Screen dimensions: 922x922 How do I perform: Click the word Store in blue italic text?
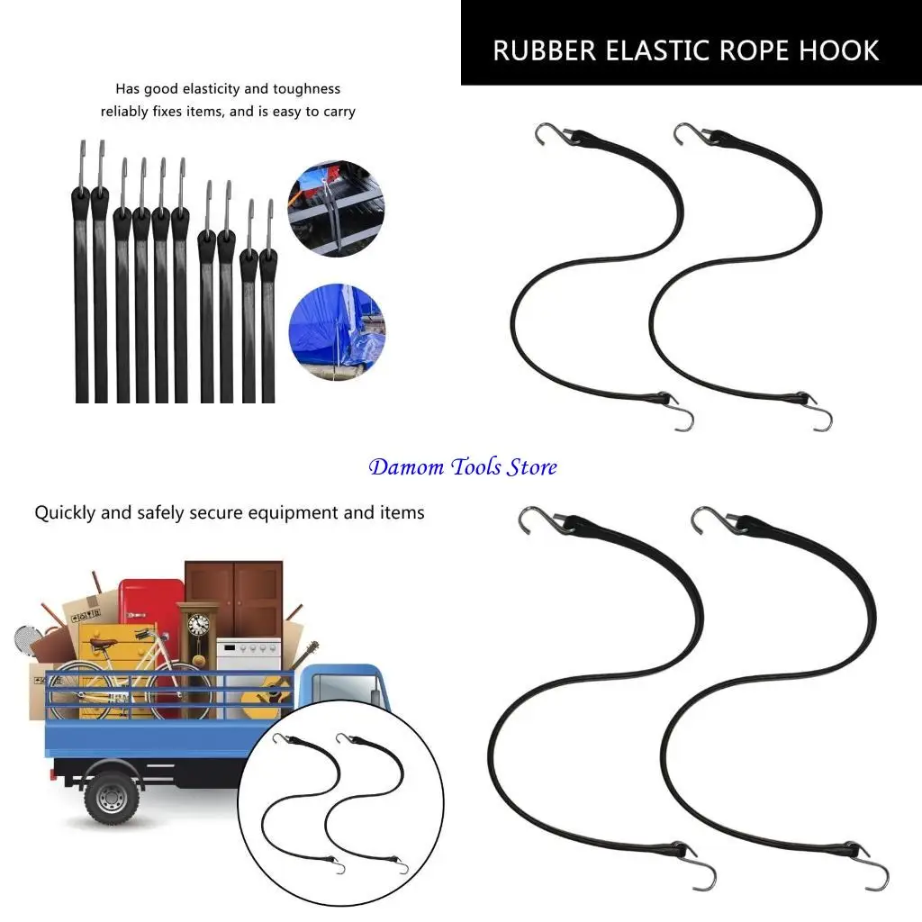(531, 467)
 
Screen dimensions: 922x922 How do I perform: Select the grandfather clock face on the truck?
(198, 623)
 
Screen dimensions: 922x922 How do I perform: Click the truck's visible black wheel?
(111, 797)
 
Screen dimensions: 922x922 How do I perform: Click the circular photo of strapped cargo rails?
(336, 209)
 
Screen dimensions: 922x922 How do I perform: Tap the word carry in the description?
(338, 112)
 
